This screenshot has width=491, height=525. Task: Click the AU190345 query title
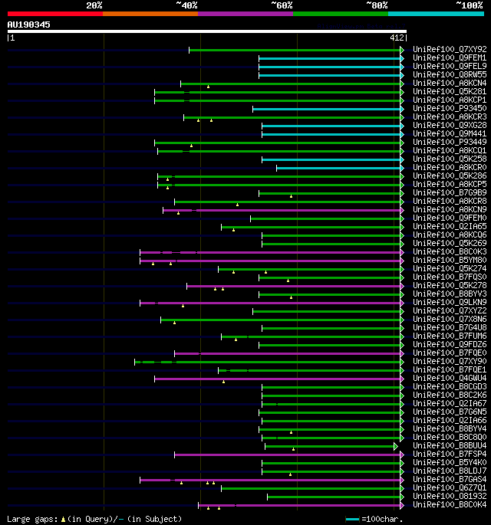pos(29,25)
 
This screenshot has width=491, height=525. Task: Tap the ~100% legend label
pos(470,5)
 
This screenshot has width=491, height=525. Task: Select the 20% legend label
pos(94,5)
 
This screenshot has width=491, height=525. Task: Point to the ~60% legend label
pos(282,5)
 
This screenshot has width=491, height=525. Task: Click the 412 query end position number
pos(397,38)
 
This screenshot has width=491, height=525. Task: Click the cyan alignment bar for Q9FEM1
pos(330,57)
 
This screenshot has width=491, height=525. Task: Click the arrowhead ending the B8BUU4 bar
pos(397,446)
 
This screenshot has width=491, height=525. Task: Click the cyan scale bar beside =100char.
pos(352,519)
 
